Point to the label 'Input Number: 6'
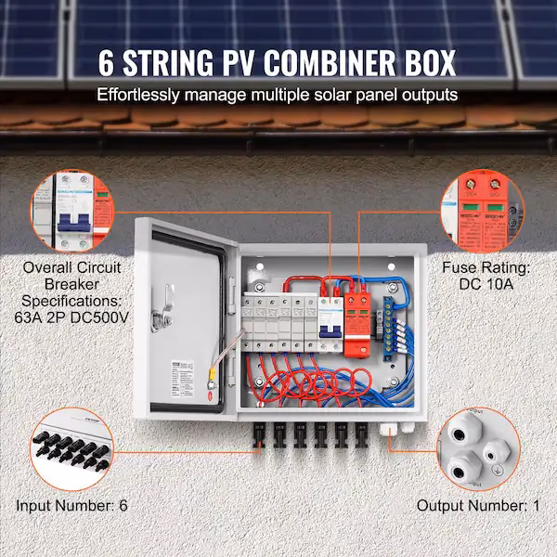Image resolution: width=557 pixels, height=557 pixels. [71, 506]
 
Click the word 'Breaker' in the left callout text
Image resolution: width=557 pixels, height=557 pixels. [77, 285]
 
